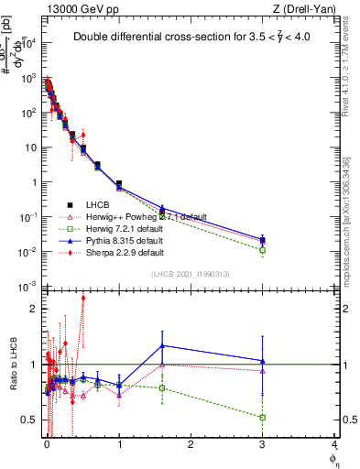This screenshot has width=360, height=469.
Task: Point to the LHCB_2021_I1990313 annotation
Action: click(191, 275)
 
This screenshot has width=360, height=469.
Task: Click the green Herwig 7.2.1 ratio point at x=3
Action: click(263, 417)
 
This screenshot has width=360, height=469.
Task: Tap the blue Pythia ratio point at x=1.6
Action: click(162, 345)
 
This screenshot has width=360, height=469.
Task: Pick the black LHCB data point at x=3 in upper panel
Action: click(263, 240)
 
